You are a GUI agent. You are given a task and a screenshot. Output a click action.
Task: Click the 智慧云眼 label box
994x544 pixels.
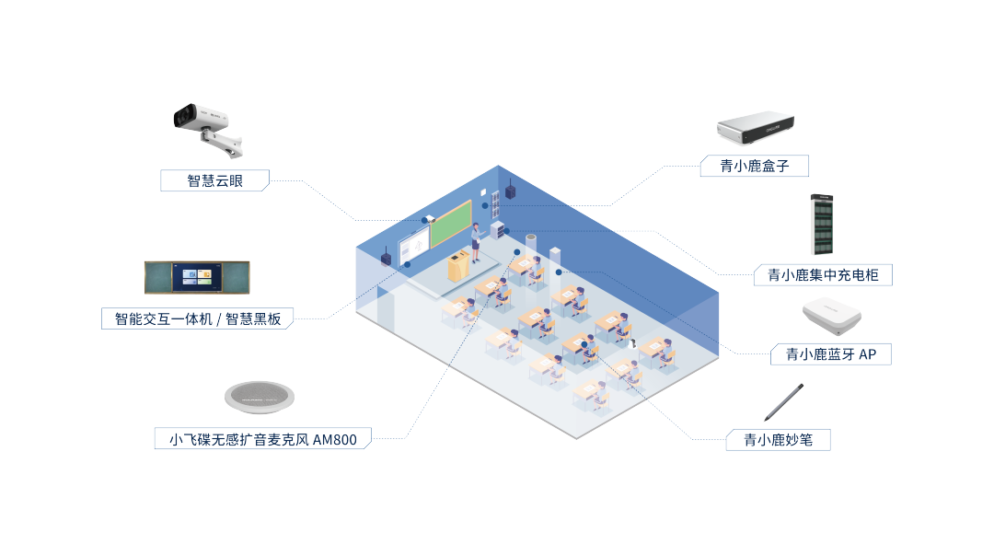[x=214, y=180]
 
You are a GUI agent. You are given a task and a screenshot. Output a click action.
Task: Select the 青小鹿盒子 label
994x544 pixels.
[x=753, y=166]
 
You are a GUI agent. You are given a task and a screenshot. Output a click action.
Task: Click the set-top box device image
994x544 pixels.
[x=754, y=129]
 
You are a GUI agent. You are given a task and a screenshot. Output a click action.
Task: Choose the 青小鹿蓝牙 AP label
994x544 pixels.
[x=831, y=354]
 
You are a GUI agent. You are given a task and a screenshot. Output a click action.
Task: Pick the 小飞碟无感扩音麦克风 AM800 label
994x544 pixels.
[x=262, y=439]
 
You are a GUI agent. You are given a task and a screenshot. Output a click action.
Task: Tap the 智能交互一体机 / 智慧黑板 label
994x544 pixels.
[x=197, y=319]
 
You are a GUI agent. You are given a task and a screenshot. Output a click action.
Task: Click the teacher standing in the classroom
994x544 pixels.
[x=476, y=243]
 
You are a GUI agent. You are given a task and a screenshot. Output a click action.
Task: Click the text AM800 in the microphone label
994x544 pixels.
[x=334, y=440]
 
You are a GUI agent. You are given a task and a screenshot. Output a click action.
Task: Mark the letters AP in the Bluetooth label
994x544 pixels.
[x=867, y=354]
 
